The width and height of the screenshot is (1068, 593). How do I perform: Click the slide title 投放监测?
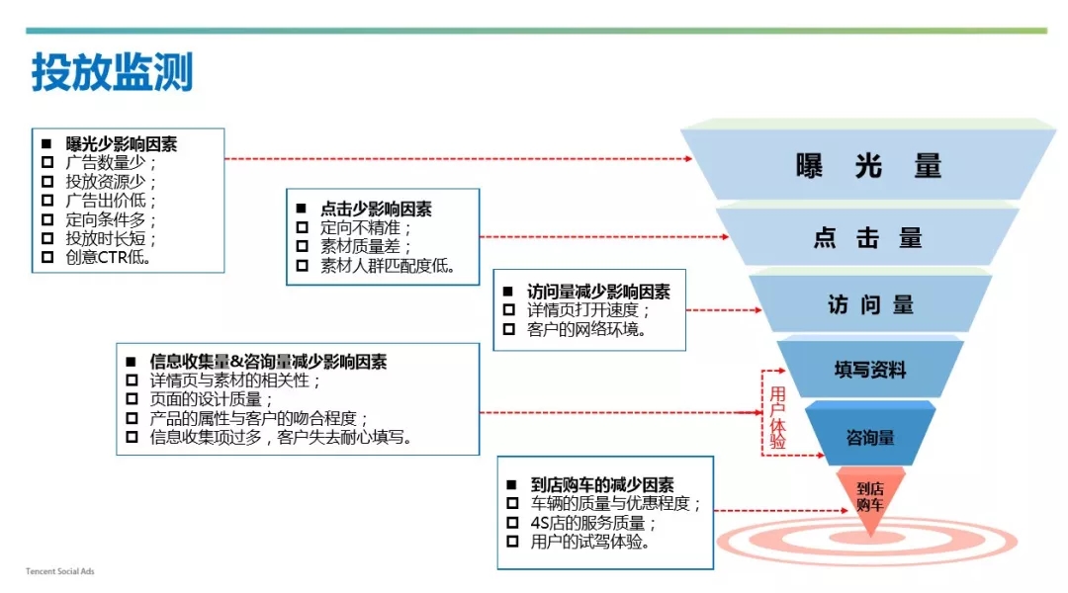pos(112,73)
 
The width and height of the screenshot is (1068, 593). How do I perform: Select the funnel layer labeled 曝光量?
pos(869,166)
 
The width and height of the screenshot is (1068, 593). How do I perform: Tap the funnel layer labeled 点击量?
pos(868,238)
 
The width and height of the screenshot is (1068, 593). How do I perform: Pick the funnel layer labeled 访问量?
pos(870,305)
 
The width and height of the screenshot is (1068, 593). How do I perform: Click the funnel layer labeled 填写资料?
pos(870,371)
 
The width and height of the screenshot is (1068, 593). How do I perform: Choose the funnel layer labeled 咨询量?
pos(870,437)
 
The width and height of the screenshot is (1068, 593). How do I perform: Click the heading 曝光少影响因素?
pos(122,143)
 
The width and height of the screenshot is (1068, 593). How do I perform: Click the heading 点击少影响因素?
pos(376,210)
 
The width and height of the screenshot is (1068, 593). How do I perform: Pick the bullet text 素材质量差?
pos(366,247)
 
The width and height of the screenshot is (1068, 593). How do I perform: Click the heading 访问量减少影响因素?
pos(598,292)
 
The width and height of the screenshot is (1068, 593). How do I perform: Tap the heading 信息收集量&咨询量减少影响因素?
pos(267,362)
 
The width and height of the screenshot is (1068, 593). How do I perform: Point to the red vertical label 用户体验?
pos(777,418)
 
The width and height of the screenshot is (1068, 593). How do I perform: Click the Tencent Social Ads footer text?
pos(60,571)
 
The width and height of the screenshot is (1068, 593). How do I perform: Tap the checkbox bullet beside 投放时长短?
pos(47,239)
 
